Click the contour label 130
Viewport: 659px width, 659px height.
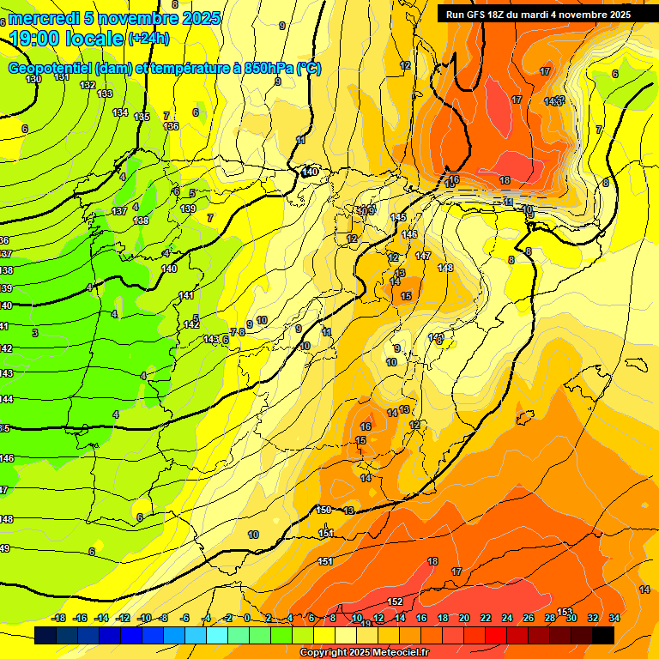33,79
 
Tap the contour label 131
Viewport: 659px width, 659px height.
62,77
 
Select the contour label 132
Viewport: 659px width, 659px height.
88,85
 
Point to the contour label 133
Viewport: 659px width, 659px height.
105,94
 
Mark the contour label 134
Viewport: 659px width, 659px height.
120,112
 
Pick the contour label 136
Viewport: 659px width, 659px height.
171,126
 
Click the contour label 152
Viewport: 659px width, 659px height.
395,602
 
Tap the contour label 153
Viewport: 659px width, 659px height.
565,612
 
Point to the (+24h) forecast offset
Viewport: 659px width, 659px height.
148,38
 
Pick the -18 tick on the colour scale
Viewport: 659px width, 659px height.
59,618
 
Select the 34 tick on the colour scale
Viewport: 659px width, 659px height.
614,618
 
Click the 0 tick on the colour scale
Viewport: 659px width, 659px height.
247,618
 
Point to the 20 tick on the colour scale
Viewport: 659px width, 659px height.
464,618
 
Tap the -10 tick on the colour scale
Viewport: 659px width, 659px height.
143,618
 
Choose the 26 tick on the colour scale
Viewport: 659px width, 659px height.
529,618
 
